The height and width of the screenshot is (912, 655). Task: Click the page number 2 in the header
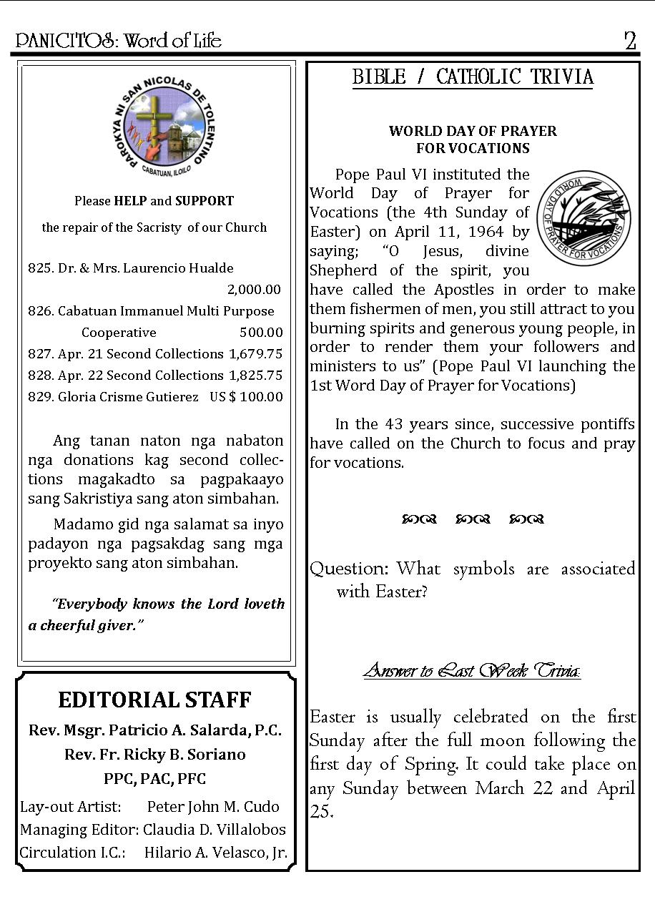pyautogui.click(x=629, y=41)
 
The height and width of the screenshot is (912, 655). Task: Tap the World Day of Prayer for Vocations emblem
pyautogui.click(x=583, y=217)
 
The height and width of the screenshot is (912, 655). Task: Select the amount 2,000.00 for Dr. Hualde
pyautogui.click(x=254, y=290)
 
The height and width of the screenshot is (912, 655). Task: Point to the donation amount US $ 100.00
pyautogui.click(x=246, y=397)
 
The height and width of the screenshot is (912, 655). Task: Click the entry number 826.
pyautogui.click(x=41, y=311)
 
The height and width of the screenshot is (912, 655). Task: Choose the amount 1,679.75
pyautogui.click(x=255, y=354)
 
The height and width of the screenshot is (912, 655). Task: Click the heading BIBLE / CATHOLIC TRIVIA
pyautogui.click(x=473, y=77)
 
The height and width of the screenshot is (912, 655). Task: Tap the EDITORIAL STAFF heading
pyautogui.click(x=154, y=700)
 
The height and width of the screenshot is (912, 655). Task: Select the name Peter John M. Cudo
pyautogui.click(x=213, y=807)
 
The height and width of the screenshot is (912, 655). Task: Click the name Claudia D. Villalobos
pyautogui.click(x=215, y=830)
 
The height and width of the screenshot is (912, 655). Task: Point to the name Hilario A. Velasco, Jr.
pyautogui.click(x=216, y=853)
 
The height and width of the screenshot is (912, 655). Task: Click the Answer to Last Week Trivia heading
pyautogui.click(x=472, y=670)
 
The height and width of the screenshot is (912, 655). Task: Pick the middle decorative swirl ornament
pyautogui.click(x=473, y=519)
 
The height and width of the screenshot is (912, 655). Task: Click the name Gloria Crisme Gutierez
pyautogui.click(x=128, y=397)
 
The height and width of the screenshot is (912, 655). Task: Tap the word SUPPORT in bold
pyautogui.click(x=205, y=201)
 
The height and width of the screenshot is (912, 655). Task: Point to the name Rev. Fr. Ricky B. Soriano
pyautogui.click(x=154, y=755)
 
